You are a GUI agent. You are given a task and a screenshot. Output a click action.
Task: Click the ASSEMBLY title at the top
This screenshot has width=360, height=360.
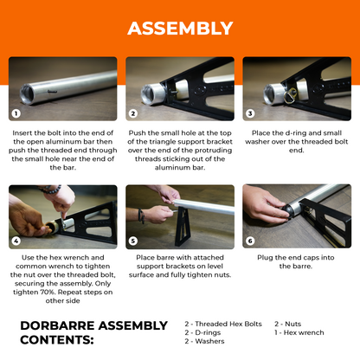180,29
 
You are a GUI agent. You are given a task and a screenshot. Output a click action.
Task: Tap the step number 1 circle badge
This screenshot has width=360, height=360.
16,113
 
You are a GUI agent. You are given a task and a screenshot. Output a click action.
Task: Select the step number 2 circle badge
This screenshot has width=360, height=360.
133,113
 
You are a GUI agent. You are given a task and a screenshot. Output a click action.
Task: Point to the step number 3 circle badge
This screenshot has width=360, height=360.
250,113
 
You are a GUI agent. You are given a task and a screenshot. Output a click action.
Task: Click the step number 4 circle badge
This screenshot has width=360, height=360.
16,241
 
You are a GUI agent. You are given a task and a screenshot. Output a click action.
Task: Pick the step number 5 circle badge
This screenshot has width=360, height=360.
133,241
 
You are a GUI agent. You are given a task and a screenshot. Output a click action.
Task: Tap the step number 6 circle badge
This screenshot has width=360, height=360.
250,241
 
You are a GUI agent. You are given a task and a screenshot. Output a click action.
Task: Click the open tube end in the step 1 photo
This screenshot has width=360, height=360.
26,93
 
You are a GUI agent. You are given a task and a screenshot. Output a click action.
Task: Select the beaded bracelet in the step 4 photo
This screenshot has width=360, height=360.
51,190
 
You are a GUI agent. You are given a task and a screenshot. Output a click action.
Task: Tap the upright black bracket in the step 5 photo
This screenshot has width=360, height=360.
183,227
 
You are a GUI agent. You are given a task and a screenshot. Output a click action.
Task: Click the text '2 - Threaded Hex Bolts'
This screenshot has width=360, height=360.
223,324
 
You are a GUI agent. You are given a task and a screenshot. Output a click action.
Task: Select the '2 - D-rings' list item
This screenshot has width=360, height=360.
202,332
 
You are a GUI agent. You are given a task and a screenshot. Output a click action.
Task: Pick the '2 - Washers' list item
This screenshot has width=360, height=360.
204,341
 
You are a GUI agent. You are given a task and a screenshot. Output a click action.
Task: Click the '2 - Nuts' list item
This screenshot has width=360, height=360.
288,324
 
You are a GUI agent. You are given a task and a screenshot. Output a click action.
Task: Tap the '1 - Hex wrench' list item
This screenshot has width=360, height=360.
299,332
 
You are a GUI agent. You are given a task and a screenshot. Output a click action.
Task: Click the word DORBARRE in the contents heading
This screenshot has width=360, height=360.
57,325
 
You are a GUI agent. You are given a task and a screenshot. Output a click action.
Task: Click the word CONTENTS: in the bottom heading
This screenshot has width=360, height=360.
57,340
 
